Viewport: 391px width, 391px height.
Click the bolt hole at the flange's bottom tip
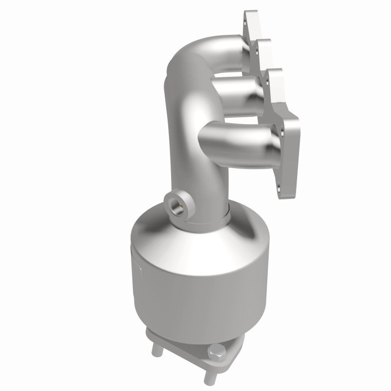pyautogui.click(x=280, y=186)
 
